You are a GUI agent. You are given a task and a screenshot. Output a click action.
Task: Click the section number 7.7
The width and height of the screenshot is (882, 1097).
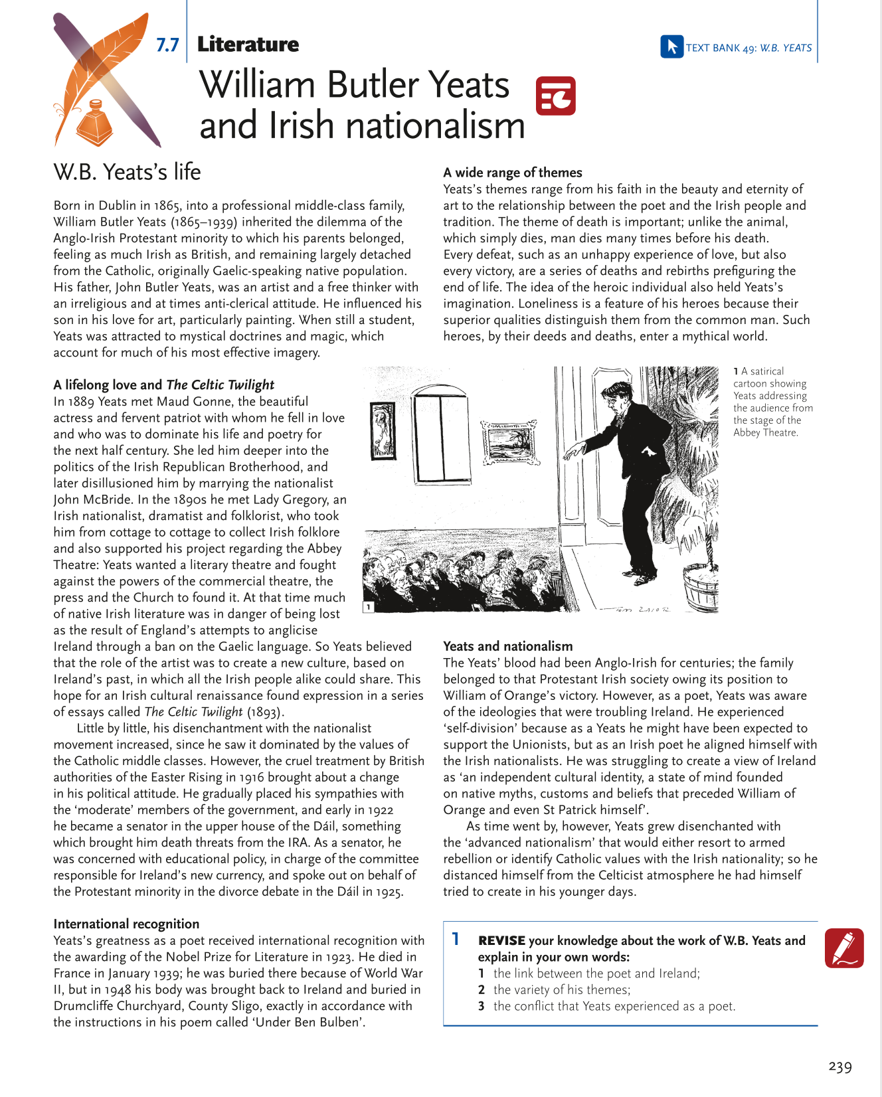[167, 45]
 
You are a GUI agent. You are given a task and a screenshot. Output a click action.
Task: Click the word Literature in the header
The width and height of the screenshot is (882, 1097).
[248, 44]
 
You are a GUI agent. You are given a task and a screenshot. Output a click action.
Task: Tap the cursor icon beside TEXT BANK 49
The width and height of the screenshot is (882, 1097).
[671, 46]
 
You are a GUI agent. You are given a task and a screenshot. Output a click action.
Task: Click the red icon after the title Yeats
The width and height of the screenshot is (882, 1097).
[555, 96]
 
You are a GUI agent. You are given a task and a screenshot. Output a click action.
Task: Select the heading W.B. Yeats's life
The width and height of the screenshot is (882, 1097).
[127, 172]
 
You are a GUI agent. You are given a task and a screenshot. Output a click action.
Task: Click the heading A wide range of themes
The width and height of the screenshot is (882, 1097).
[513, 173]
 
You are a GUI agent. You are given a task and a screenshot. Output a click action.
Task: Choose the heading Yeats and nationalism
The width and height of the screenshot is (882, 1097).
[507, 646]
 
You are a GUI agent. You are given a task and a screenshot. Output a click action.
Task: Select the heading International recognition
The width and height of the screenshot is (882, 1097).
[126, 924]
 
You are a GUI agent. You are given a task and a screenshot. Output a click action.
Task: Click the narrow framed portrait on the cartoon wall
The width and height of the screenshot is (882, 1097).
[383, 431]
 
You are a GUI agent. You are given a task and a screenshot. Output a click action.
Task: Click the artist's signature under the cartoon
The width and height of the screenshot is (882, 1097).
[635, 610]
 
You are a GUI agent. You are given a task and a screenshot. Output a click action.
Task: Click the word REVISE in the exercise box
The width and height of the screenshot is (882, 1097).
[501, 940]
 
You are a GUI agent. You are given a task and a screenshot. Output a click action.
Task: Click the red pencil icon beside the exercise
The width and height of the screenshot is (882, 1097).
[843, 948]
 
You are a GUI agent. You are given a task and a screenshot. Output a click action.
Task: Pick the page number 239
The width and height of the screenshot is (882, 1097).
[840, 1066]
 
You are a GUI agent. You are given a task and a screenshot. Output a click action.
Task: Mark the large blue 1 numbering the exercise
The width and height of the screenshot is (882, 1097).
[456, 939]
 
